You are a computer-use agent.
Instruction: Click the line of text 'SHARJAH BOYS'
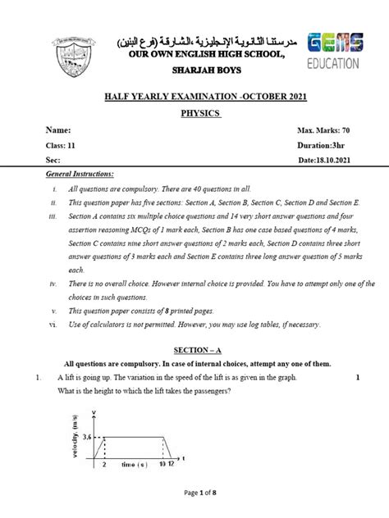[x=194, y=70]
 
